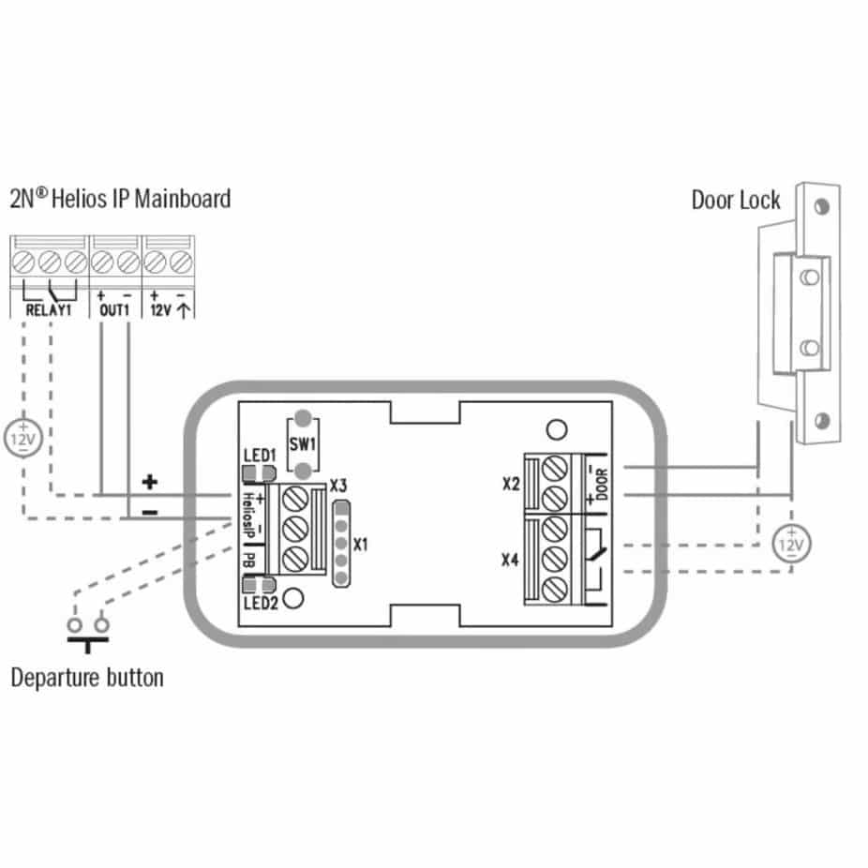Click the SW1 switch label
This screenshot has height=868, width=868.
pyautogui.click(x=303, y=444)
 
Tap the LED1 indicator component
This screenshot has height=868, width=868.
pyautogui.click(x=259, y=473)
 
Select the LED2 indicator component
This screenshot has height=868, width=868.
pyautogui.click(x=259, y=585)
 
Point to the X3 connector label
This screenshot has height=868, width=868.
pyautogui.click(x=338, y=486)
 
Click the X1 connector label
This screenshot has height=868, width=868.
pyautogui.click(x=360, y=545)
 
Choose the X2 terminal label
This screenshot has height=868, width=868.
pyautogui.click(x=512, y=484)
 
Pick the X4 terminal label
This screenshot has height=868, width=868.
pyautogui.click(x=510, y=560)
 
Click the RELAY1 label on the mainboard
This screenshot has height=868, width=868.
pyautogui.click(x=49, y=310)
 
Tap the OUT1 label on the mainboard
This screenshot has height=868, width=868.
pyautogui.click(x=114, y=310)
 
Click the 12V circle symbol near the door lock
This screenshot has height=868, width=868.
pyautogui.click(x=792, y=545)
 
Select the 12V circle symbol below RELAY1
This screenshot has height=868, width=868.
pyautogui.click(x=23, y=439)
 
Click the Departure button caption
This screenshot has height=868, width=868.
pyautogui.click(x=87, y=678)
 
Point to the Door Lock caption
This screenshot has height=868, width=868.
pyautogui.click(x=736, y=200)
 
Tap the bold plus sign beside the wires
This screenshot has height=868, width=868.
pyautogui.click(x=149, y=482)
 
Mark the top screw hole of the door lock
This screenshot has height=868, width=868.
pyautogui.click(x=822, y=207)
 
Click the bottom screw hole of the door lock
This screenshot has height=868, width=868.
pyautogui.click(x=822, y=421)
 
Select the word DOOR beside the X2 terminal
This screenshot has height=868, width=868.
pyautogui.click(x=602, y=485)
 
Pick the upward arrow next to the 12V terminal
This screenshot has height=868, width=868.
pyautogui.click(x=184, y=310)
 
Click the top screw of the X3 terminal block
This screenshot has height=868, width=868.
pyautogui.click(x=295, y=499)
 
